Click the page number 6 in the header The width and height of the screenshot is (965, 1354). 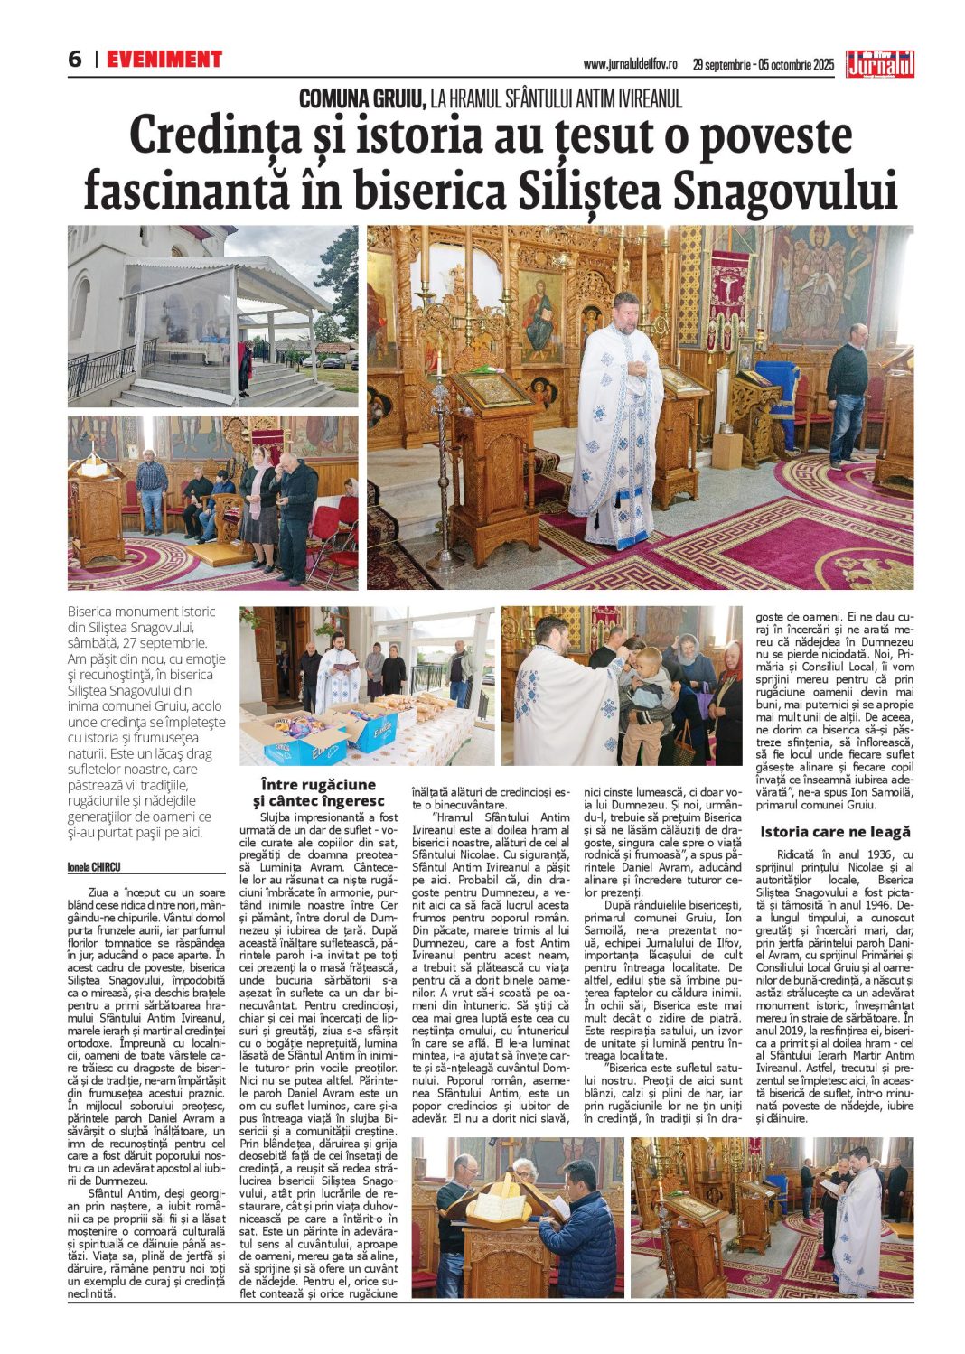(75, 60)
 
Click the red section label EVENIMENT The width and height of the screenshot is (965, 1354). (164, 60)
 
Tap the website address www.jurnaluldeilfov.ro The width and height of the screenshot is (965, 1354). (630, 65)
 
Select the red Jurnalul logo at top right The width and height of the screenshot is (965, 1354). (879, 64)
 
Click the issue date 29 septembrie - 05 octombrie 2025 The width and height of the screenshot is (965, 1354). (764, 65)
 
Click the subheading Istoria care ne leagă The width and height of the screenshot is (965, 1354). (835, 832)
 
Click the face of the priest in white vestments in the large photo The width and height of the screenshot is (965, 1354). (624, 313)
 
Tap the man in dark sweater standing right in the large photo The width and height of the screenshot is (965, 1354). (848, 394)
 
